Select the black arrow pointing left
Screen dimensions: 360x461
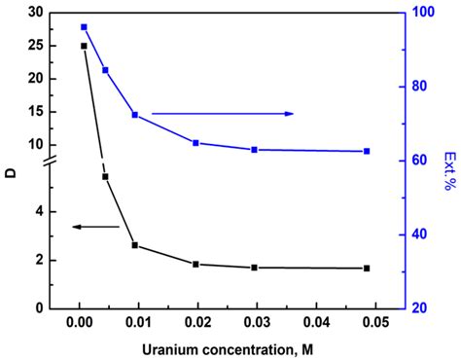click(95, 227)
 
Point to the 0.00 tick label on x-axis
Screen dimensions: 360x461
click(79, 322)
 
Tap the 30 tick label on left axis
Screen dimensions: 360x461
click(37, 13)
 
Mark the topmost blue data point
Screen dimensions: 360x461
click(84, 27)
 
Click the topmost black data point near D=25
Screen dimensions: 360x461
click(84, 46)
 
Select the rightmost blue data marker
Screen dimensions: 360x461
click(367, 151)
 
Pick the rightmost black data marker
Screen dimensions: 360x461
click(367, 268)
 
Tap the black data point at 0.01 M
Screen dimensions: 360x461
click(135, 245)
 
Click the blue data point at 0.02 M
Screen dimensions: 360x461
click(195, 143)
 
